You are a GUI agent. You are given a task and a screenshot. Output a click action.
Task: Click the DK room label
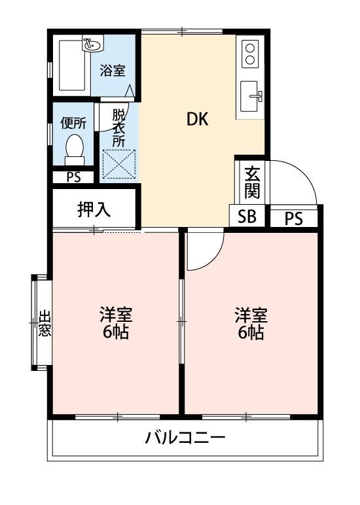(197, 119)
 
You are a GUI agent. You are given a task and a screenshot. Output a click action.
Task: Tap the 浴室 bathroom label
(113, 71)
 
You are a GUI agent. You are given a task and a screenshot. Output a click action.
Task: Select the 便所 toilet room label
(74, 122)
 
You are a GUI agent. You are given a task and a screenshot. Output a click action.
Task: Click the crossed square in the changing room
(118, 164)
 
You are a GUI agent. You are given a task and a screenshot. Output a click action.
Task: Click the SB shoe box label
(247, 217)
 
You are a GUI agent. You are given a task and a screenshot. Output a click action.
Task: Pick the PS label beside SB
(294, 218)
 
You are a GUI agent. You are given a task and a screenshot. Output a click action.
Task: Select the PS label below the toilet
(73, 177)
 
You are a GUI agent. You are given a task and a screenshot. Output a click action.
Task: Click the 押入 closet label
(94, 209)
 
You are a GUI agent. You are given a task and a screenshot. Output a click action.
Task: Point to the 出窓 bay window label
(44, 323)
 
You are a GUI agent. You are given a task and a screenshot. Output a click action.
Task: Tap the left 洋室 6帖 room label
(116, 323)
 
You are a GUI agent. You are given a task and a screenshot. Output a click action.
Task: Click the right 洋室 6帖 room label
(251, 323)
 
